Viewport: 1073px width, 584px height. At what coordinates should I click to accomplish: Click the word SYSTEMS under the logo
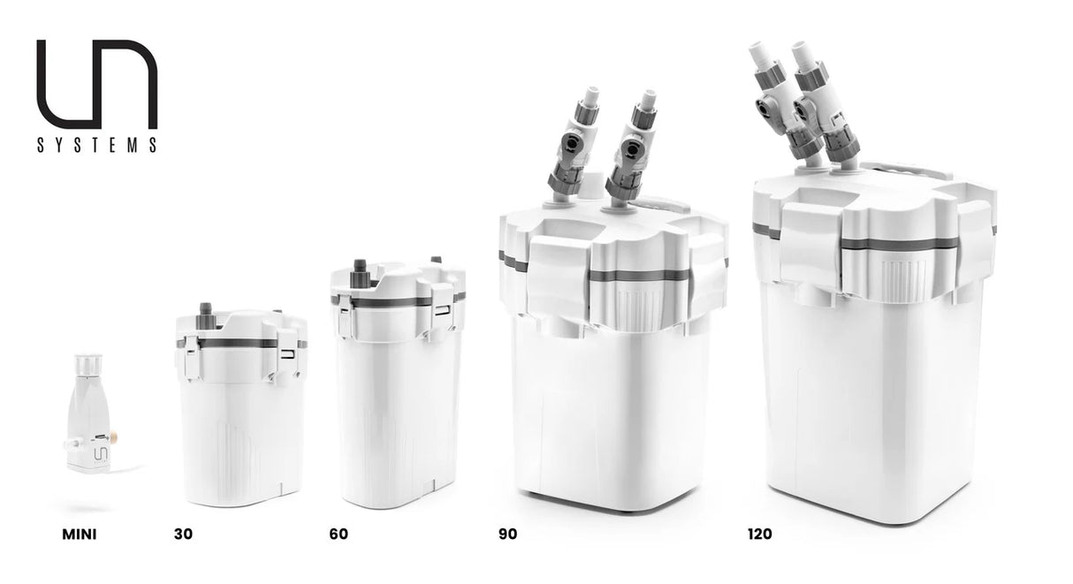point(97,145)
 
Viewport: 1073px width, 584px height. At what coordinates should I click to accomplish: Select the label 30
point(184,534)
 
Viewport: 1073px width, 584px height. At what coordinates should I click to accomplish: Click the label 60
point(339,534)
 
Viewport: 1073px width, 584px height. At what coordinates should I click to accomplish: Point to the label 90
point(507,534)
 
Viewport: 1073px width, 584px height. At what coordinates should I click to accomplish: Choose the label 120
point(759,534)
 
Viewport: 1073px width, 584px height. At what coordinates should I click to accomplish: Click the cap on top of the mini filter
point(88,365)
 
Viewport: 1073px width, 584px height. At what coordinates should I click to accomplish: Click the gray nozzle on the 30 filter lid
point(206,311)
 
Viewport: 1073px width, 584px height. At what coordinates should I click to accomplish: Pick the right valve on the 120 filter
point(817,102)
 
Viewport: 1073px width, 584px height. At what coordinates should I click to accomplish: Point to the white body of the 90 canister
point(610,415)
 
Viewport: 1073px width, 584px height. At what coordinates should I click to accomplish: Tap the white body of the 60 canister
point(398,415)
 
